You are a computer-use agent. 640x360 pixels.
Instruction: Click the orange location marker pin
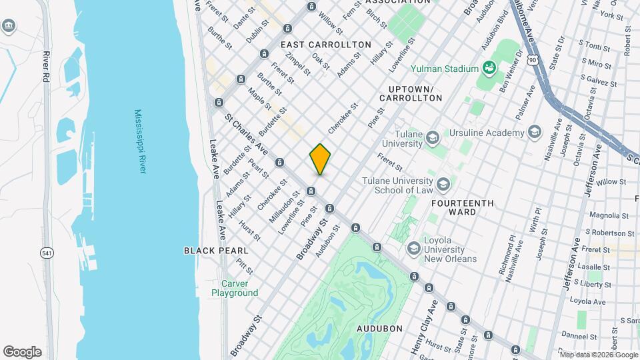click(x=320, y=159)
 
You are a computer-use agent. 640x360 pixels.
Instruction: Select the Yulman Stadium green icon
click(x=489, y=68)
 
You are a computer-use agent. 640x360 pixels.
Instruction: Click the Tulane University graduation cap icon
click(x=433, y=138)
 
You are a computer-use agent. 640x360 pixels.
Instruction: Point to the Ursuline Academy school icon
click(x=533, y=133)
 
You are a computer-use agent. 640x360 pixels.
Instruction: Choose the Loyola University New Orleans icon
click(x=413, y=248)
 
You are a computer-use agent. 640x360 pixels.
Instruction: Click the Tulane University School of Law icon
click(x=443, y=183)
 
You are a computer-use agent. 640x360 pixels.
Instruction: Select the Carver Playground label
click(x=235, y=288)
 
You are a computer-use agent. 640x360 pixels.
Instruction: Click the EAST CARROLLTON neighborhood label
click(x=326, y=45)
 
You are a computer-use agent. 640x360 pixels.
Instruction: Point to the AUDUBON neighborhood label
click(x=379, y=329)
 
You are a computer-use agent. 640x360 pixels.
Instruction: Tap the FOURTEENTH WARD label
click(x=463, y=207)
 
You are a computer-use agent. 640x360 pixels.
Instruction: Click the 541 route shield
click(x=46, y=253)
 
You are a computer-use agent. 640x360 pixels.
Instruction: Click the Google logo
click(x=22, y=352)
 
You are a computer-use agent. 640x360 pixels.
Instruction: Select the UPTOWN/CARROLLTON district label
click(x=411, y=93)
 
